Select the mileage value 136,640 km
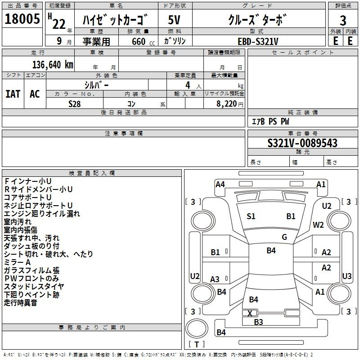click(x=53, y=64)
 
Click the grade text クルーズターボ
click(x=256, y=21)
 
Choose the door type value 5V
click(x=175, y=21)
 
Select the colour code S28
click(x=75, y=103)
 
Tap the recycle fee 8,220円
click(x=224, y=103)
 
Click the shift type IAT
click(x=13, y=94)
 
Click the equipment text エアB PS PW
click(x=270, y=121)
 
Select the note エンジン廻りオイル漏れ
click(x=42, y=213)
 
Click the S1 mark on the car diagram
click(x=251, y=216)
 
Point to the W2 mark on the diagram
click(x=319, y=225)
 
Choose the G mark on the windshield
click(x=284, y=237)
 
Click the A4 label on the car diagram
click(x=220, y=184)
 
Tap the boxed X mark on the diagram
click(x=250, y=313)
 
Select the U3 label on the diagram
click(x=346, y=276)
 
